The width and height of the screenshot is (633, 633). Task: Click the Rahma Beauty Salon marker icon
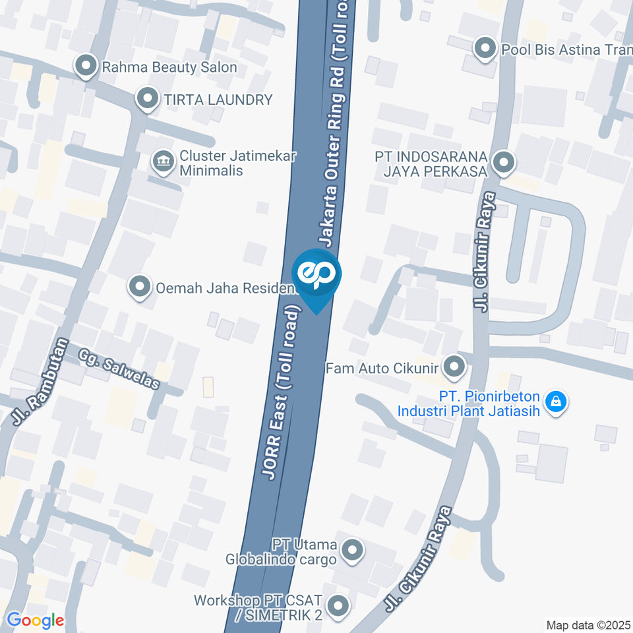coord(85,66)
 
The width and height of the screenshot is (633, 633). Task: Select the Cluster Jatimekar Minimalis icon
coord(161,160)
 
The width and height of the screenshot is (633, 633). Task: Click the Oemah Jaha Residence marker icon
coord(139,287)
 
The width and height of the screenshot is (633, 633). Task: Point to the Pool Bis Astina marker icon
coord(485,48)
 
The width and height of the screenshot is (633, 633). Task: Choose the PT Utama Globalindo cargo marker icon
coord(353,549)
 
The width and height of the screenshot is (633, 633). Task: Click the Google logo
coord(35,620)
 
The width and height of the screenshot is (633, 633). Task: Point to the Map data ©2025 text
coord(588,624)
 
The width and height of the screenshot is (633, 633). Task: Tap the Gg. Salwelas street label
coord(119,369)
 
